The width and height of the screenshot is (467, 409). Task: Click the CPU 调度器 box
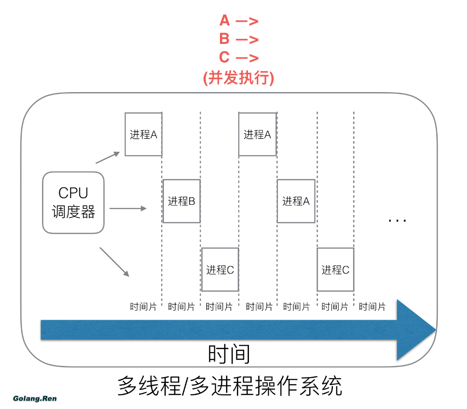[73, 202]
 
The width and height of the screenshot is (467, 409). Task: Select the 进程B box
[181, 201]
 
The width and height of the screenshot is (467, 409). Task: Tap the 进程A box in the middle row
[296, 201]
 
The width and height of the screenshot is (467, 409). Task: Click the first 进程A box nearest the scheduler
[143, 135]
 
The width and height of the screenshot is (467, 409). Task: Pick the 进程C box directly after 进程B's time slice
[219, 270]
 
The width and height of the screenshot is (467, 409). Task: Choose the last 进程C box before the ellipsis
[335, 270]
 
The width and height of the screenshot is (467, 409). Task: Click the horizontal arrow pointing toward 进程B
[127, 208]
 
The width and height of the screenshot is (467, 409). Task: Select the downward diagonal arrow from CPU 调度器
[114, 262]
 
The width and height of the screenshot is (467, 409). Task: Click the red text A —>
[239, 21]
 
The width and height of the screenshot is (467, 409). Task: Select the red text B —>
[239, 39]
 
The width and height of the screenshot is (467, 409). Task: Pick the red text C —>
[239, 57]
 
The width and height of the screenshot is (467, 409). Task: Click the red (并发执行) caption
[239, 78]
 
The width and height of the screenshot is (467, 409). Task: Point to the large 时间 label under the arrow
[229, 355]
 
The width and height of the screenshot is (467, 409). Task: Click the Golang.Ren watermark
[35, 399]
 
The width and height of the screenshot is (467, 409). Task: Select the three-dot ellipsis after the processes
[397, 220]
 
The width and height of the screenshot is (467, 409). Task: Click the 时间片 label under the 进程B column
[181, 307]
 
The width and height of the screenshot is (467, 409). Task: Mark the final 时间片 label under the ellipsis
[372, 307]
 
